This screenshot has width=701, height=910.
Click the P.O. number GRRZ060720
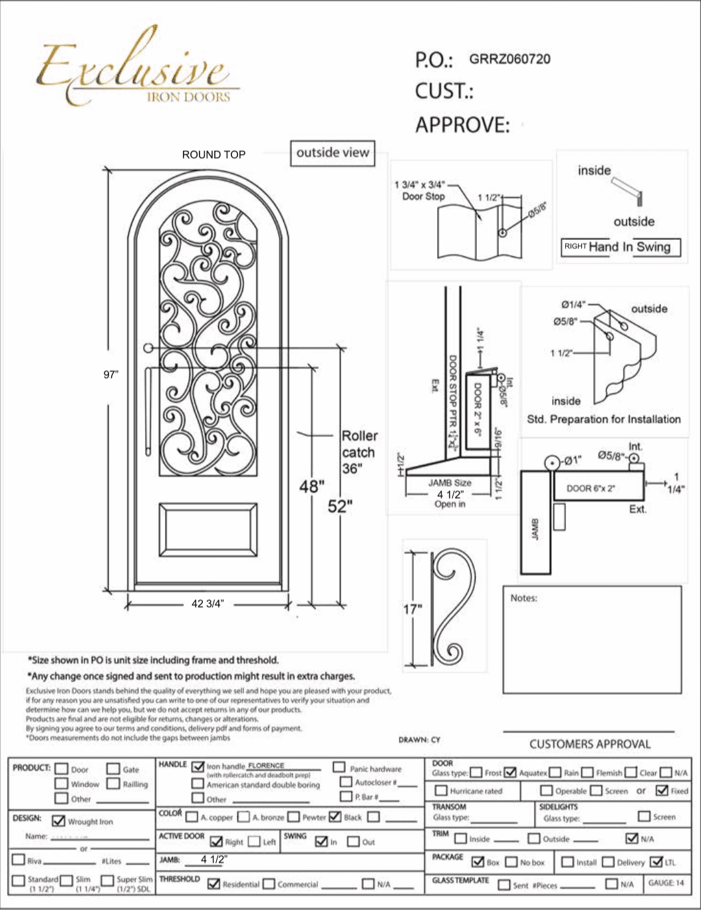pos(509,59)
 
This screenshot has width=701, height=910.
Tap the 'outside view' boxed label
pos(333,153)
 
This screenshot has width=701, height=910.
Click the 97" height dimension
pos(110,375)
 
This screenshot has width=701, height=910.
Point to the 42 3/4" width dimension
pos(208,603)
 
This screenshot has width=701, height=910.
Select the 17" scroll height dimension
pos(413,609)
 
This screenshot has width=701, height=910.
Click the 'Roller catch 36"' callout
pos(359,452)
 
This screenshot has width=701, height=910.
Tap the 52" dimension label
pos(339,506)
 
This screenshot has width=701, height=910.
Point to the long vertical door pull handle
pos(148,412)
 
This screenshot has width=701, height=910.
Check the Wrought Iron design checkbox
pos(59,821)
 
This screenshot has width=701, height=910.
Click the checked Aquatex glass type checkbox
pos(510,772)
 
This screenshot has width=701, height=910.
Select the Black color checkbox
pos(335,816)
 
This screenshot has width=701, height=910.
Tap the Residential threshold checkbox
pos(213,883)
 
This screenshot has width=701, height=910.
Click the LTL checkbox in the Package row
pos(656,861)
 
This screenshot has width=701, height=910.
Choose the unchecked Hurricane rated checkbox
pos(440,790)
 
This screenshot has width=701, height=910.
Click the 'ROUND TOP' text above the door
pos(213,154)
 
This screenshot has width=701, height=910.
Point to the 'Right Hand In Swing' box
pos(620,247)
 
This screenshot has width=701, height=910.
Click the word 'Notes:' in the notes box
pos(523,598)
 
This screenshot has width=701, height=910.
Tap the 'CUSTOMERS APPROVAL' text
pos(590,744)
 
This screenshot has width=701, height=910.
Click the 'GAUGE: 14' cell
pos(666,883)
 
